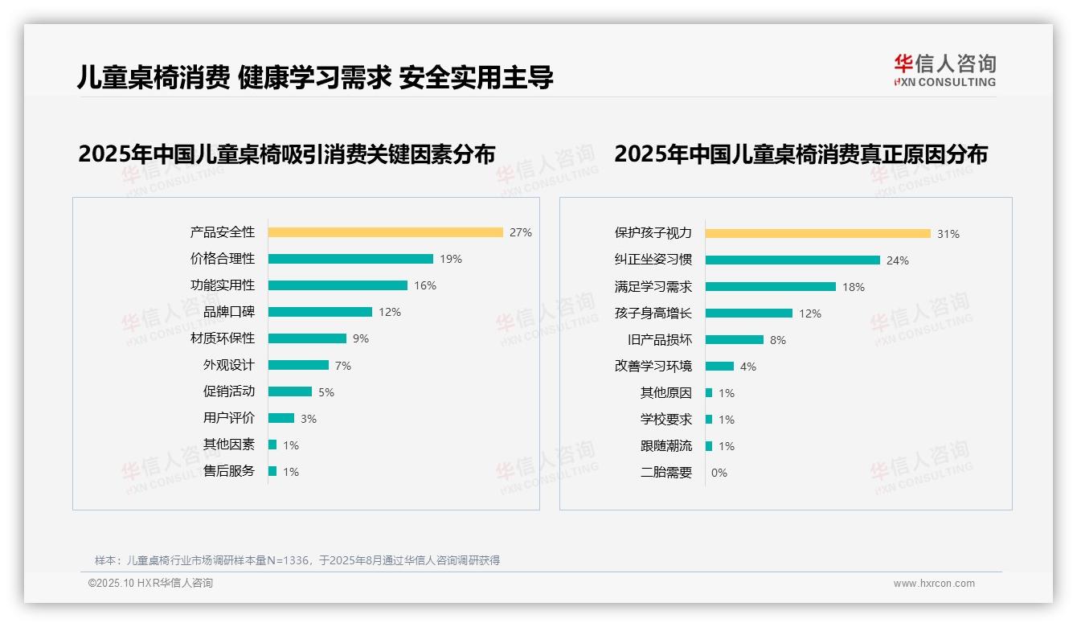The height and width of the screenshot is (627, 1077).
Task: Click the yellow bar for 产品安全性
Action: point(385,232)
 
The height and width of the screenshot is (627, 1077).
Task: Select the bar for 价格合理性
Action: point(350,259)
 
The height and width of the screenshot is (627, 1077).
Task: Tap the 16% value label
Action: point(425,285)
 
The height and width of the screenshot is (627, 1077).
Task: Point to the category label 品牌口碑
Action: point(228,312)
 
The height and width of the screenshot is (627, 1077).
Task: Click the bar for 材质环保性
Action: point(307,338)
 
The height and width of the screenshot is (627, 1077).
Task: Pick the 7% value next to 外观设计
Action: point(343,366)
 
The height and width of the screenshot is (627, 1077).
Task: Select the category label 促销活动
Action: point(228,391)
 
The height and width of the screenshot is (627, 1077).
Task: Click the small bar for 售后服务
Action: point(272,471)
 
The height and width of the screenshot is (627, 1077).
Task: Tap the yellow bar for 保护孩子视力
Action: point(817,233)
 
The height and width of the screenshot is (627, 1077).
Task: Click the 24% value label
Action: point(898,260)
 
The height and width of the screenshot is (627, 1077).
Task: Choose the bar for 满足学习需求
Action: point(770,286)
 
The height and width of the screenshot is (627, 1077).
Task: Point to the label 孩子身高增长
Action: point(653,313)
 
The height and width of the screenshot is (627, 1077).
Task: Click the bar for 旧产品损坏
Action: point(734,339)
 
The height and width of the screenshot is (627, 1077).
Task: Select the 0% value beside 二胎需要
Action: point(719,473)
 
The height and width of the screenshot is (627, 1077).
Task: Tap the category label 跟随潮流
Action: point(665,446)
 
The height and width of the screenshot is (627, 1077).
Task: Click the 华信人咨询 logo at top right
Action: point(944,70)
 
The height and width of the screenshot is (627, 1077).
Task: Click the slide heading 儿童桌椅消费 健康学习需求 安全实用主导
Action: point(315,77)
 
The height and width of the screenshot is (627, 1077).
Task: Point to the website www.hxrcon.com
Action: point(934,584)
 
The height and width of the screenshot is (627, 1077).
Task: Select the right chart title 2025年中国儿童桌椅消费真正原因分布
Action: point(801,154)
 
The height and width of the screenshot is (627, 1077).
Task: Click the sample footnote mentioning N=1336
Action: point(297,560)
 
